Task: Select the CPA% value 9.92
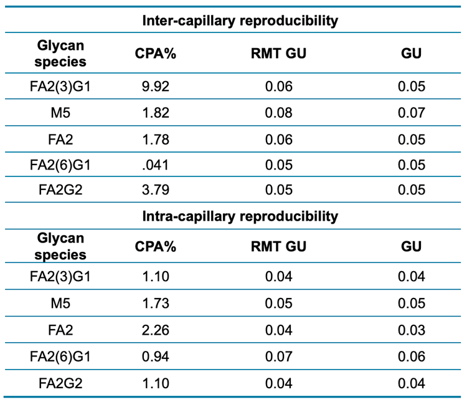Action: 156,86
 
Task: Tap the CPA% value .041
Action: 156,165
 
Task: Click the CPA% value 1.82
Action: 156,113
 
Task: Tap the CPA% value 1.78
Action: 156,139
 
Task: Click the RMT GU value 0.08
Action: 278,113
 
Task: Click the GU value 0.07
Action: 412,113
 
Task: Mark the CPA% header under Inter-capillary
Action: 156,54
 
